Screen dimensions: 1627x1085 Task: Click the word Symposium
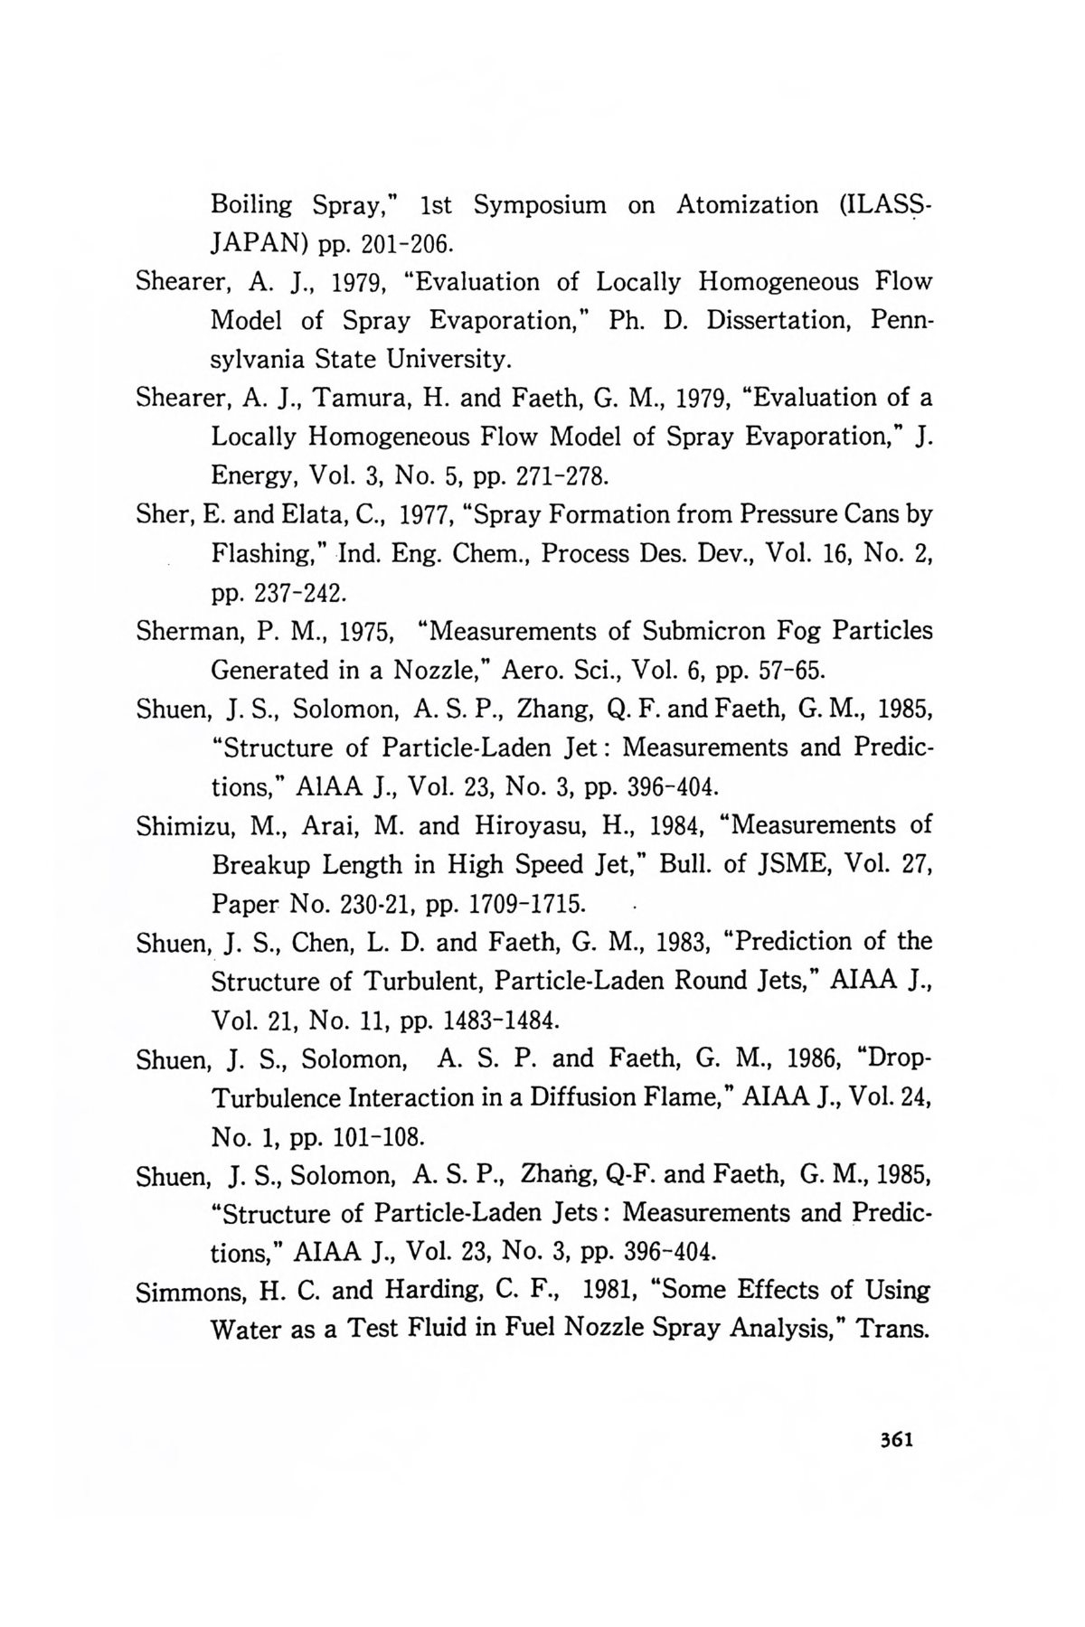pyautogui.click(x=540, y=206)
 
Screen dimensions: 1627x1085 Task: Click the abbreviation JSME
pyautogui.click(x=788, y=865)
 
